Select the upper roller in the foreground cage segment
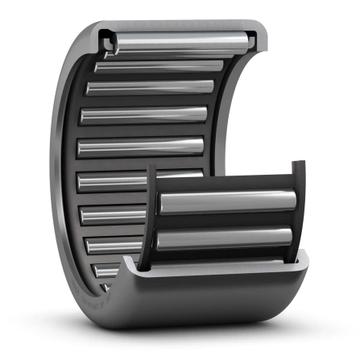click(x=226, y=202)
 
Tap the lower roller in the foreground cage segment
click(x=226, y=239)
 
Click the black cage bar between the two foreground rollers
click(x=226, y=221)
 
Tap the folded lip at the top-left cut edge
click(x=104, y=36)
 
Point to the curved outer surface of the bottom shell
click(x=209, y=302)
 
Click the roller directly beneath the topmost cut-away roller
click(x=161, y=65)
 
